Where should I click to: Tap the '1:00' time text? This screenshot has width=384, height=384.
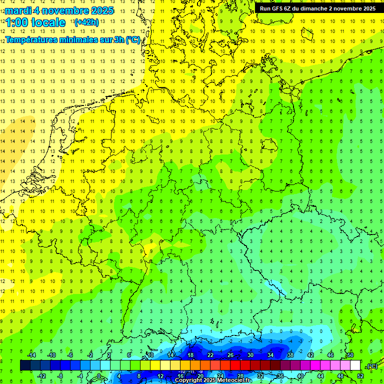pyautogui.click(x=16, y=22)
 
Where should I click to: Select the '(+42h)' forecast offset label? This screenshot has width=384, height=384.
pyautogui.click(x=86, y=22)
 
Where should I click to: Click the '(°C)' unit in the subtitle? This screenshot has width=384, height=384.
pyautogui.click(x=133, y=39)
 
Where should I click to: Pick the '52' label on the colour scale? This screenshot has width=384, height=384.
pyautogui.click(x=360, y=375)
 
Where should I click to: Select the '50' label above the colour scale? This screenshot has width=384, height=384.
pyautogui.click(x=350, y=355)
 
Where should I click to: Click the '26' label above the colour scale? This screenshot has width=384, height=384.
pyautogui.click(x=230, y=355)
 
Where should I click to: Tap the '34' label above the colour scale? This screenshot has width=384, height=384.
pyautogui.click(x=270, y=355)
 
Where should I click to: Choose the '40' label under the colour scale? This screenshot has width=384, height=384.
pyautogui.click(x=300, y=375)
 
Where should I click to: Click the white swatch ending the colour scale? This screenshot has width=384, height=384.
pyautogui.click(x=355, y=365)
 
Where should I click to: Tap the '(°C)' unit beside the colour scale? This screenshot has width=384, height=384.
pyautogui.click(x=372, y=366)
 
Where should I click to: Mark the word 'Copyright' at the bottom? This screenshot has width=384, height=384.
pyautogui.click(x=188, y=380)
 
